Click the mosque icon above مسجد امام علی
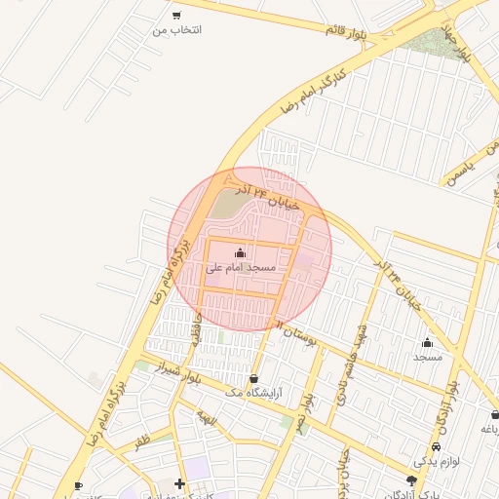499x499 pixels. tap(241, 253)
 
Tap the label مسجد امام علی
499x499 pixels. tap(241, 267)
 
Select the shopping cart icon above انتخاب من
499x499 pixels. tap(175, 16)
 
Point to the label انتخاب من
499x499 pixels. tap(176, 30)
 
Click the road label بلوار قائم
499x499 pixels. tap(346, 30)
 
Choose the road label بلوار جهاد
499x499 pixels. tap(458, 43)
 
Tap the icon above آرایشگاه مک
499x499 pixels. tap(254, 378)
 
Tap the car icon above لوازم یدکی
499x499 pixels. tap(436, 445)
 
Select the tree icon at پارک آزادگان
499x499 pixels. tap(411, 480)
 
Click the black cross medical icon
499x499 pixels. tap(179, 483)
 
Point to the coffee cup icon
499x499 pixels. tap(79, 484)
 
